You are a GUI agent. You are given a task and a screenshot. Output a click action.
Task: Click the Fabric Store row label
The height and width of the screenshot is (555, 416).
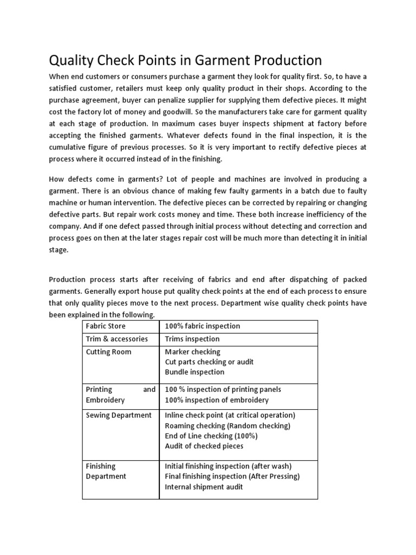(x=106, y=326)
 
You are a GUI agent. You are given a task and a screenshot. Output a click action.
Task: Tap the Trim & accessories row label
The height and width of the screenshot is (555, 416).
(x=116, y=339)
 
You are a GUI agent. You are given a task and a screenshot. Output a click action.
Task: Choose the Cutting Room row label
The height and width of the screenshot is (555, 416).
(x=108, y=352)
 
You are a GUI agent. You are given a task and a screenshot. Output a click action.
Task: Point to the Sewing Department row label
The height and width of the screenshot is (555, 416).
(x=119, y=415)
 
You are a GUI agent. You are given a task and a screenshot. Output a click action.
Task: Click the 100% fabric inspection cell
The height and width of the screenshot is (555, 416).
(x=202, y=326)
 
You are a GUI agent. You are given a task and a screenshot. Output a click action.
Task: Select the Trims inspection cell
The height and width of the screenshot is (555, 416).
(x=192, y=339)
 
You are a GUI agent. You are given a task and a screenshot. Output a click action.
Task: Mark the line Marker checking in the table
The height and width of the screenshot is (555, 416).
(x=192, y=352)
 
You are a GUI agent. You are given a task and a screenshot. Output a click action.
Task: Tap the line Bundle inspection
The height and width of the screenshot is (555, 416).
(x=194, y=372)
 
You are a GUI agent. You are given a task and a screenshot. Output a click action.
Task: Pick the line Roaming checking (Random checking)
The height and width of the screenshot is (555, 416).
(x=227, y=425)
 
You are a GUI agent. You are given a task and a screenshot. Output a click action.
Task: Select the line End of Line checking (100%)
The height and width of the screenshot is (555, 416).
(x=211, y=436)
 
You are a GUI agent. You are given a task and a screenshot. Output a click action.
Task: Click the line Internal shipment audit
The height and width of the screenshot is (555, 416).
(x=204, y=487)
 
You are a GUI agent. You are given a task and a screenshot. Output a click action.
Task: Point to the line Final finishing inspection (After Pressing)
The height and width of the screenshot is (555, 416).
(x=232, y=476)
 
